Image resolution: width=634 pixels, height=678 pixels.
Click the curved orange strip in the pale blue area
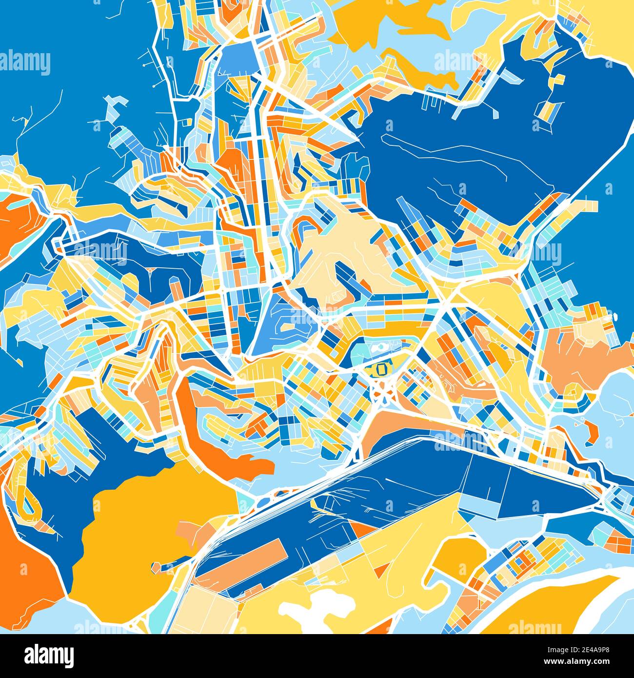click(x=592, y=429)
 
